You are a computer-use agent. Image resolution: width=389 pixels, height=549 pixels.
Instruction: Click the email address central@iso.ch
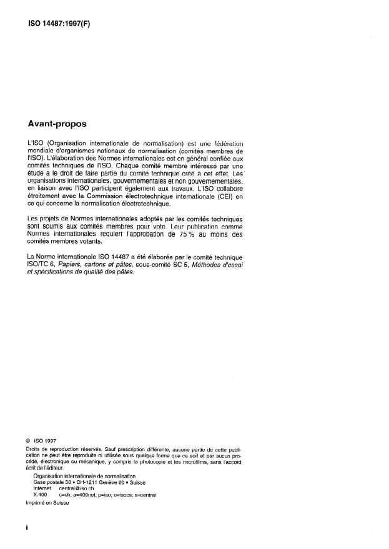[x=76, y=488]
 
